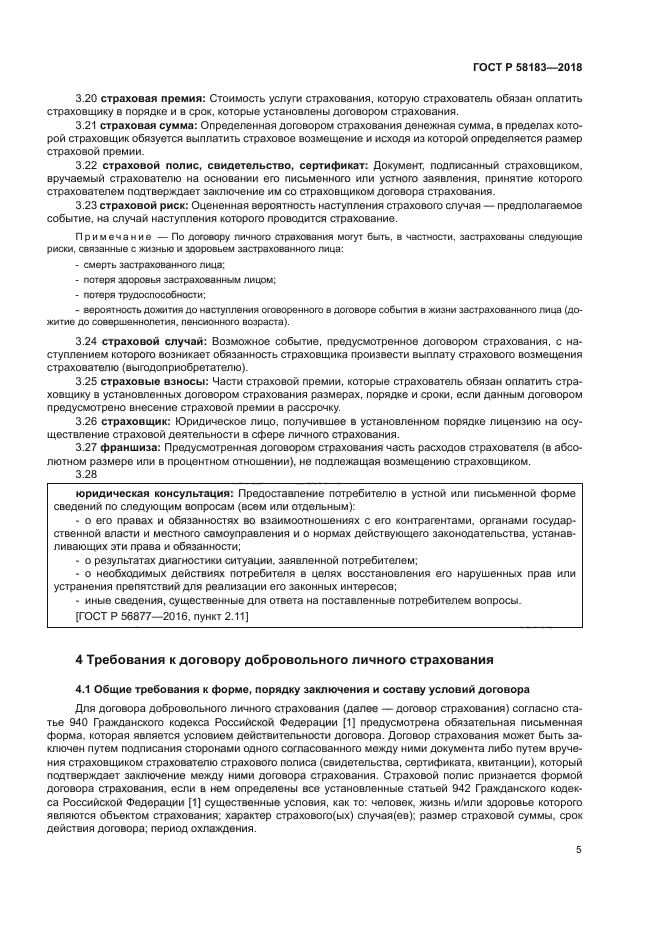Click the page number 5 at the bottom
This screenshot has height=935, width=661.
579,849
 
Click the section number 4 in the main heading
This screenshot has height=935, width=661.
80,660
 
